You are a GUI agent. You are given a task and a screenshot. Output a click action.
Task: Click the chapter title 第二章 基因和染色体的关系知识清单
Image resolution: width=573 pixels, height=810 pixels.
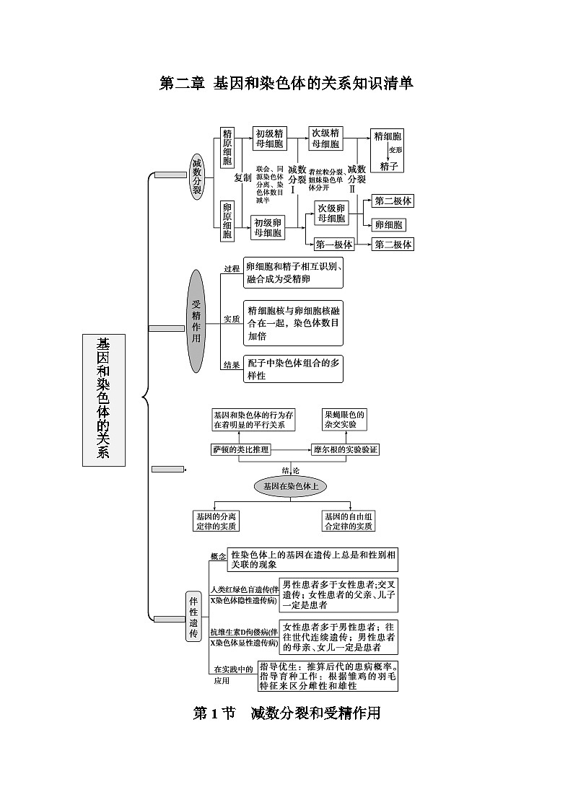(x=286, y=84)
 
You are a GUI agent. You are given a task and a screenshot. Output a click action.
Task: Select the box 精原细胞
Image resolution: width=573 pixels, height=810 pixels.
(x=227, y=148)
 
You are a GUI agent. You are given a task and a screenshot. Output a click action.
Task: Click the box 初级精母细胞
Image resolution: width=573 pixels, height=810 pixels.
(x=269, y=138)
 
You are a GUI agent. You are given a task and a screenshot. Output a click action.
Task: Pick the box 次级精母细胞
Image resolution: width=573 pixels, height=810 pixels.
(x=325, y=138)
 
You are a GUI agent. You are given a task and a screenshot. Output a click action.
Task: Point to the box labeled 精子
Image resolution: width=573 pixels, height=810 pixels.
(x=388, y=165)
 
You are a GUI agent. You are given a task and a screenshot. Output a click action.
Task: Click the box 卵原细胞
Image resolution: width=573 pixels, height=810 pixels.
(x=227, y=220)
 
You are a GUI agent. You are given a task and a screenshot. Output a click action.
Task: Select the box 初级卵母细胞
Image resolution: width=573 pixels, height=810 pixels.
(x=268, y=227)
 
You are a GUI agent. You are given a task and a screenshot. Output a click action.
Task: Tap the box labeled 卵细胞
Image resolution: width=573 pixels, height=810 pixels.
(x=388, y=224)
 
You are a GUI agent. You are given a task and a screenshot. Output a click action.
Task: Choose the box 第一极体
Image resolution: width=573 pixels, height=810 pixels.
(x=334, y=245)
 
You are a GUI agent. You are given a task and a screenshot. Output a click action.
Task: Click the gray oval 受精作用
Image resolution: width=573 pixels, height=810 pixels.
(x=196, y=320)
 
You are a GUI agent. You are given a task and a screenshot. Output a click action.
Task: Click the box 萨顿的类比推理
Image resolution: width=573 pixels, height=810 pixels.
(x=241, y=449)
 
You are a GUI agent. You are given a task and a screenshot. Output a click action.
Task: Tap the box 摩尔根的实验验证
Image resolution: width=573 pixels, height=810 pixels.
(x=346, y=449)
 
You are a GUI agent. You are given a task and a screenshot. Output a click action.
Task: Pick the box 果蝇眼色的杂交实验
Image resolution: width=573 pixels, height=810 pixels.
(x=344, y=420)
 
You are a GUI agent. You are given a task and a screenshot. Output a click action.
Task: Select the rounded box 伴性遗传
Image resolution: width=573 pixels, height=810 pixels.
(x=193, y=617)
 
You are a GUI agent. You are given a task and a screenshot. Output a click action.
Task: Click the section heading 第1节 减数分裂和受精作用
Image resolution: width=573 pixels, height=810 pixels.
(x=286, y=713)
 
